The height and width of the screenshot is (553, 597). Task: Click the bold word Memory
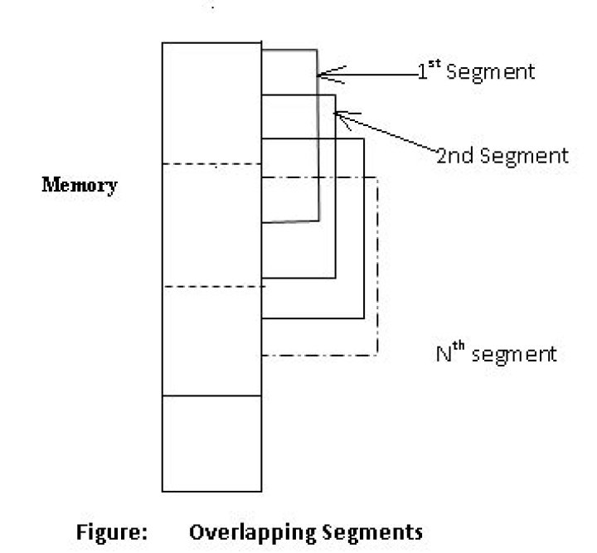[x=80, y=185]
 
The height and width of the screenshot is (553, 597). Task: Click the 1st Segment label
[x=477, y=71]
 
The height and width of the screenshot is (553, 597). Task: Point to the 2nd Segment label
[x=502, y=155]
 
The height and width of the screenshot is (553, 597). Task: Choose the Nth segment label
[x=496, y=354]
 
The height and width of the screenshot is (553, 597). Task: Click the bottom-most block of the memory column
[x=211, y=443]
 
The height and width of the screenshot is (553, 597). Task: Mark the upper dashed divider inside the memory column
[x=211, y=164]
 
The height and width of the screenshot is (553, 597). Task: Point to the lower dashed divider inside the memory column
[x=211, y=286]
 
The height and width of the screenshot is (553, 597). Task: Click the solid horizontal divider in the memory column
[x=211, y=395]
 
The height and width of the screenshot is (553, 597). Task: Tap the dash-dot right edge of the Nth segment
[x=377, y=265]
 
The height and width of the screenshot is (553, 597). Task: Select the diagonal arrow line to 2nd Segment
[x=390, y=134]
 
